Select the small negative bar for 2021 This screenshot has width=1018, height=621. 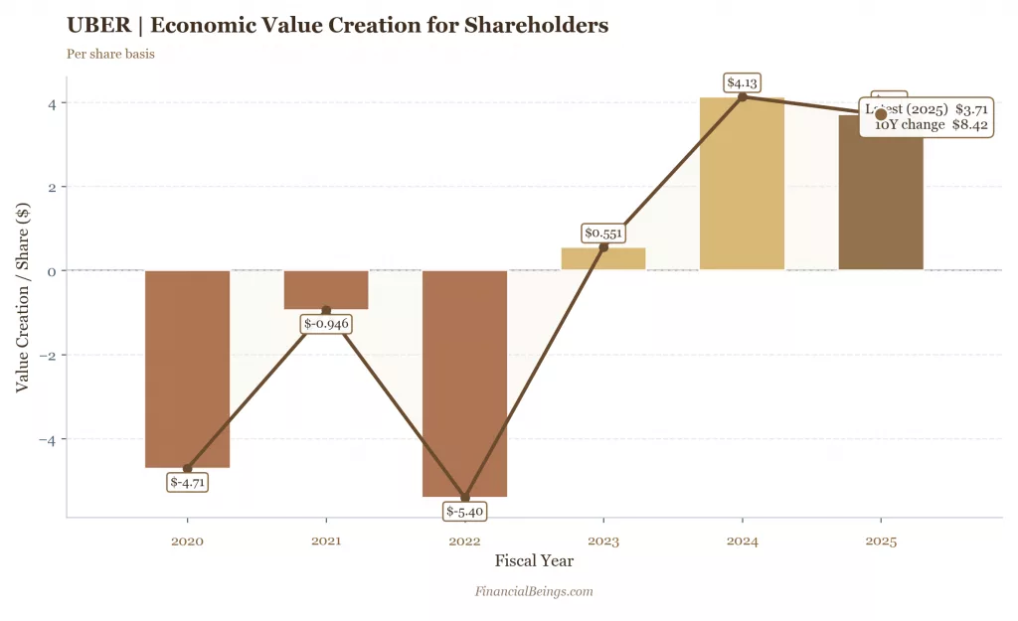326,289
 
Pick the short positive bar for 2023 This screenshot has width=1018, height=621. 603,258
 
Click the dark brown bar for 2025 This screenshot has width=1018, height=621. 881,199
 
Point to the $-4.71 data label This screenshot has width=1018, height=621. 187,483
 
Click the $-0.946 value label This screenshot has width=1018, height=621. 326,324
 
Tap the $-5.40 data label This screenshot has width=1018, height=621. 464,512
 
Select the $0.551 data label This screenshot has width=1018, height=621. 603,233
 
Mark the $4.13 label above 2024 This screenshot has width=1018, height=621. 742,82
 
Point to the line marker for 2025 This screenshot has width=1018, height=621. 881,115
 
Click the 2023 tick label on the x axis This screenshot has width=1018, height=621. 603,542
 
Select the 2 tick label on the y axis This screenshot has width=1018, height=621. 52,187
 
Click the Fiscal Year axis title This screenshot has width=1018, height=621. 534,561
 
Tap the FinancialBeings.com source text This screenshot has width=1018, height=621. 534,591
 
